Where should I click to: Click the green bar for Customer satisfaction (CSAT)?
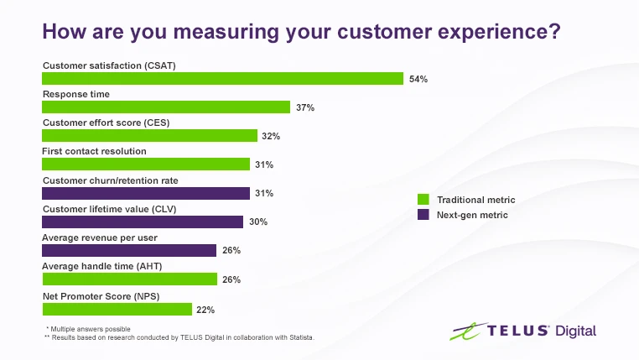223,79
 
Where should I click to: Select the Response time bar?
166,107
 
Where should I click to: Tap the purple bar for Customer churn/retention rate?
146,193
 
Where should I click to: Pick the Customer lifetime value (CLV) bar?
143,222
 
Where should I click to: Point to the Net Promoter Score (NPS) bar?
117,309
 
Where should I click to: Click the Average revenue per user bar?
129,250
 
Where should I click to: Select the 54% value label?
418,79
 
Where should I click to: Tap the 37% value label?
304,107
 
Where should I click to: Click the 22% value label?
205,310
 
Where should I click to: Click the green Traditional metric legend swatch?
423,200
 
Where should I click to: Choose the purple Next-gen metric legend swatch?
423,215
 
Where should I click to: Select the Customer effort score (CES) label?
106,123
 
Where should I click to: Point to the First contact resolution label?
95,151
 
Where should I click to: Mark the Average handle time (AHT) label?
101,266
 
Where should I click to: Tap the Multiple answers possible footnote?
89,328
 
